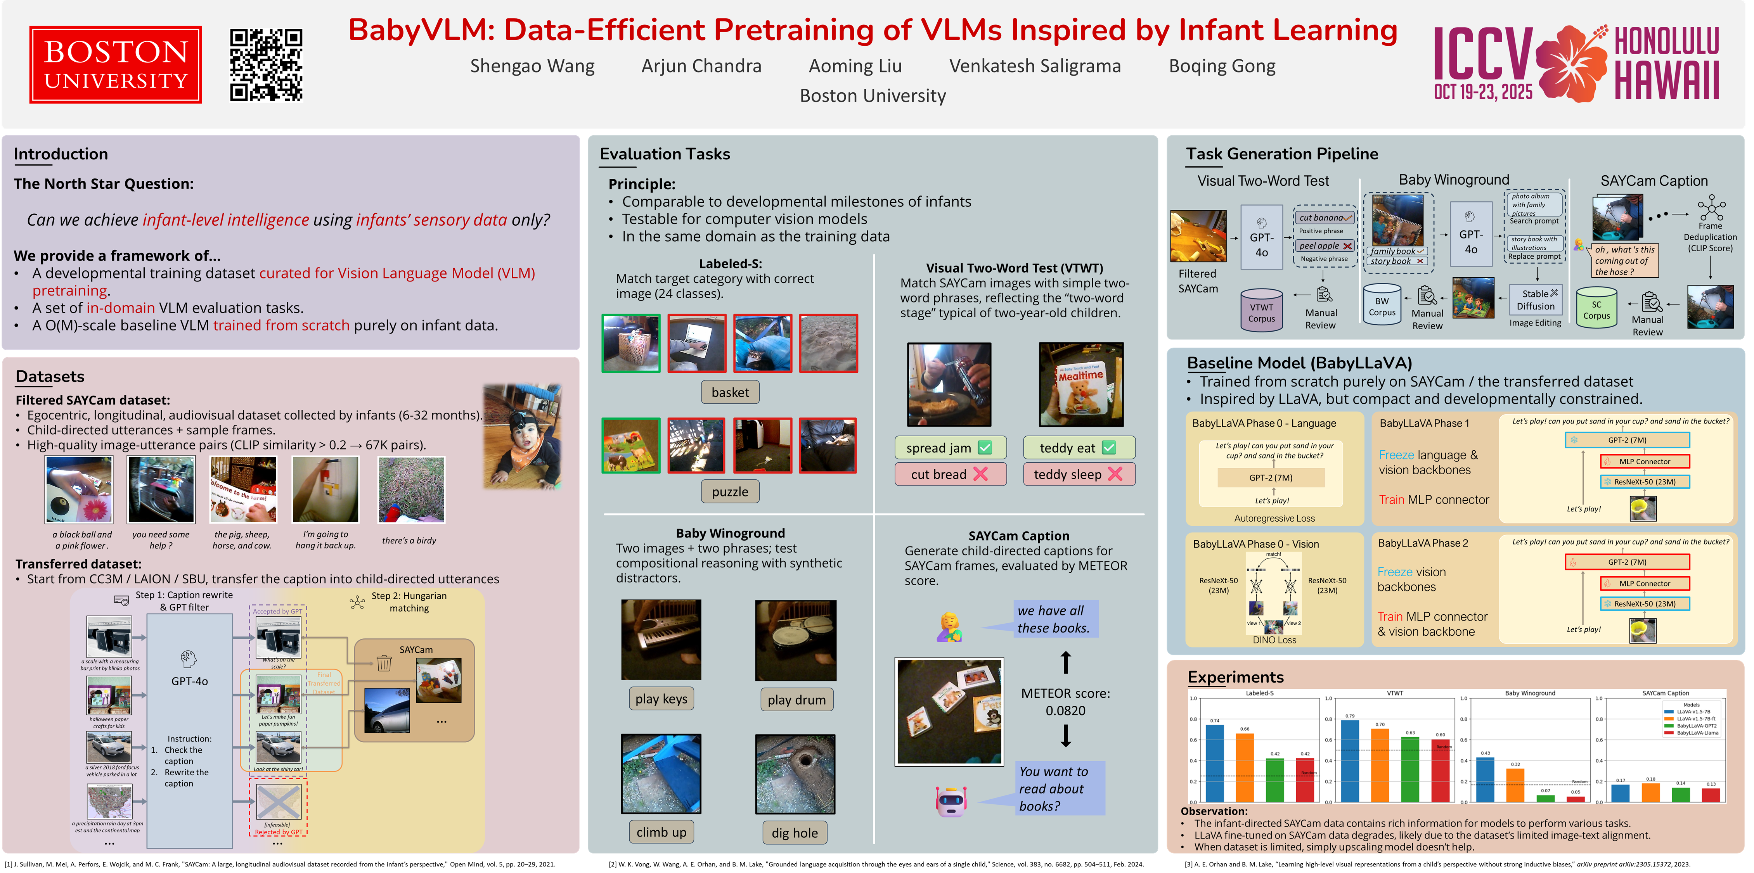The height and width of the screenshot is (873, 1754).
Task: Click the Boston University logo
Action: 115,65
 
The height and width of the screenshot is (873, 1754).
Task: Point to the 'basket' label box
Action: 729,392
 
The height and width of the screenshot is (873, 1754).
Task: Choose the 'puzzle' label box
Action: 729,492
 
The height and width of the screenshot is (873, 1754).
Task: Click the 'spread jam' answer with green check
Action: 949,448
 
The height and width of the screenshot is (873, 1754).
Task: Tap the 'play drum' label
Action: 796,700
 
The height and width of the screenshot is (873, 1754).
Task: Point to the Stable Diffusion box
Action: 1536,300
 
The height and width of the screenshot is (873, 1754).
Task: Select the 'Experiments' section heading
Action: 1235,677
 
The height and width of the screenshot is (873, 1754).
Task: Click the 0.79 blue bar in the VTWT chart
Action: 1350,761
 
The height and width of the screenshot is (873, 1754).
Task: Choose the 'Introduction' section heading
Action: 61,154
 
